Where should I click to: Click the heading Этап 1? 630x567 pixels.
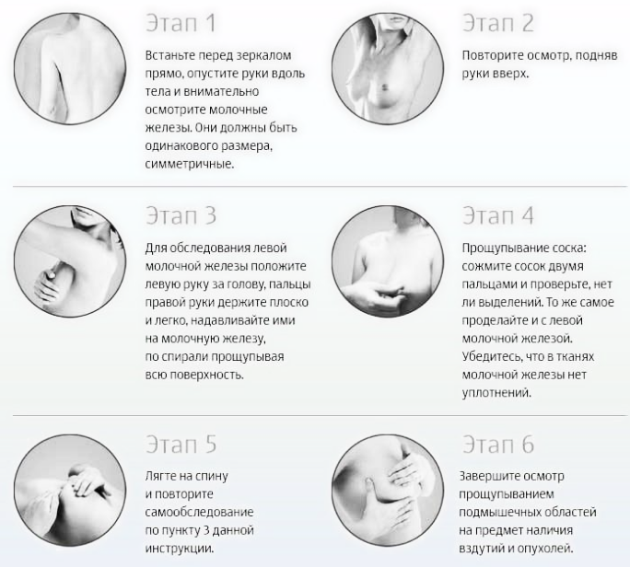click(x=181, y=23)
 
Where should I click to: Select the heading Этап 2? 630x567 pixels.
click(x=498, y=23)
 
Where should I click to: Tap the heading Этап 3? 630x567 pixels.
click(x=181, y=215)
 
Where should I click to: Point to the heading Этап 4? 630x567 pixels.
click(x=498, y=215)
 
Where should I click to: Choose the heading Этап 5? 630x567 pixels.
click(x=181, y=445)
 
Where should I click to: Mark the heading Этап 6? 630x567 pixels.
click(x=498, y=445)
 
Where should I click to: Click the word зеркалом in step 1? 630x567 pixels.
click(x=263, y=55)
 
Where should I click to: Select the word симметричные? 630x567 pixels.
click(x=189, y=164)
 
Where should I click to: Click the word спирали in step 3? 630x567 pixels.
click(x=184, y=356)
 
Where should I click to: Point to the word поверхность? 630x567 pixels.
click(x=207, y=375)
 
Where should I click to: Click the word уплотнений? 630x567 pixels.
click(x=496, y=393)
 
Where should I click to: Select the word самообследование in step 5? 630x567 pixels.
click(x=199, y=512)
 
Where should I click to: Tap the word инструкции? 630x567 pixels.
click(x=180, y=548)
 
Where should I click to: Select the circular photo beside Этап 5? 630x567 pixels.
click(x=70, y=490)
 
